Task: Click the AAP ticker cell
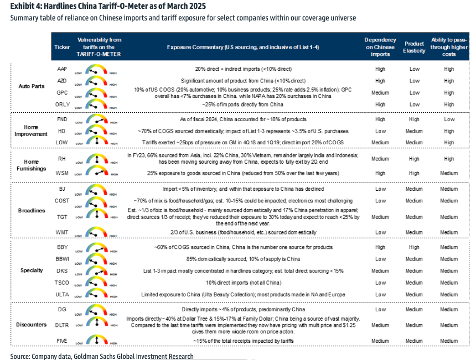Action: pyautogui.click(x=62, y=69)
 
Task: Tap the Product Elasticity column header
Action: pyautogui.click(x=414, y=47)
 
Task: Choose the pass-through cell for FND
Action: pyautogui.click(x=449, y=119)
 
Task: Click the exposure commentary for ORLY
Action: pyautogui.click(x=239, y=105)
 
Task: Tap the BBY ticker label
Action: pyautogui.click(x=62, y=247)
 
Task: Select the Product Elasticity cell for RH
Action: pyautogui.click(x=414, y=159)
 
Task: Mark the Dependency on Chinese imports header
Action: pyautogui.click(x=380, y=47)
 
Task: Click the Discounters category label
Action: pyautogui.click(x=31, y=325)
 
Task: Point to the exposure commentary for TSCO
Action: pyautogui.click(x=239, y=283)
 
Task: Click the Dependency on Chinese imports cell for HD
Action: pyautogui.click(x=380, y=131)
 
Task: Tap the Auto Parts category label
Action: pyautogui.click(x=31, y=87)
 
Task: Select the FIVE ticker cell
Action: pyautogui.click(x=62, y=341)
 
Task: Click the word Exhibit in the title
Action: pyautogui.click(x=23, y=6)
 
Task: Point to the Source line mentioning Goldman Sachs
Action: pyautogui.click(x=102, y=356)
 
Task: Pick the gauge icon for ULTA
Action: pyautogui.click(x=97, y=294)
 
